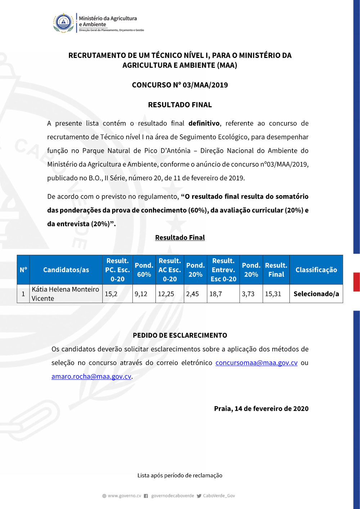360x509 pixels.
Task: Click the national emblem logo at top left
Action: tap(64, 23)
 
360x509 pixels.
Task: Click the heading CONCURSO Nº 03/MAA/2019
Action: tap(180, 85)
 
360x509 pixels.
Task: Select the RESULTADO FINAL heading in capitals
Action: tap(180, 105)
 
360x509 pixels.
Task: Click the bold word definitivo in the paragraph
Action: tap(204, 123)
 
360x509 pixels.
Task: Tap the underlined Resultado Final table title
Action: tap(180, 238)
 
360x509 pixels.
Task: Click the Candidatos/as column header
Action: tap(66, 270)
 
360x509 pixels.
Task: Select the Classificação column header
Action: tap(316, 270)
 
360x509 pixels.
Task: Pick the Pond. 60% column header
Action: tap(144, 270)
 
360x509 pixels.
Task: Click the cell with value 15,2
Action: tap(111, 294)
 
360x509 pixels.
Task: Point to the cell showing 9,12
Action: tap(141, 294)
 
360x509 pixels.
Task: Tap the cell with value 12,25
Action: tap(166, 294)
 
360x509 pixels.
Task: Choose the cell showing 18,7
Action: tap(216, 294)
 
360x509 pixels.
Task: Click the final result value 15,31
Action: tap(273, 294)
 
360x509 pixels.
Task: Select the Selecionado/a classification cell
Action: tap(316, 294)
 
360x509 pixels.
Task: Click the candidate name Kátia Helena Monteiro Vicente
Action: tap(65, 294)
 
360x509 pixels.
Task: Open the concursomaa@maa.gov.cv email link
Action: tap(256, 363)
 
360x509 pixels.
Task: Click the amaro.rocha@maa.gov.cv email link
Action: tap(91, 377)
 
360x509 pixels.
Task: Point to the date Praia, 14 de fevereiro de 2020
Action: tap(261, 409)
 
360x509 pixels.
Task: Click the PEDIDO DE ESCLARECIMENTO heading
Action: tap(180, 335)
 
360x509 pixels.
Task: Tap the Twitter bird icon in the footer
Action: tap(199, 496)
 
